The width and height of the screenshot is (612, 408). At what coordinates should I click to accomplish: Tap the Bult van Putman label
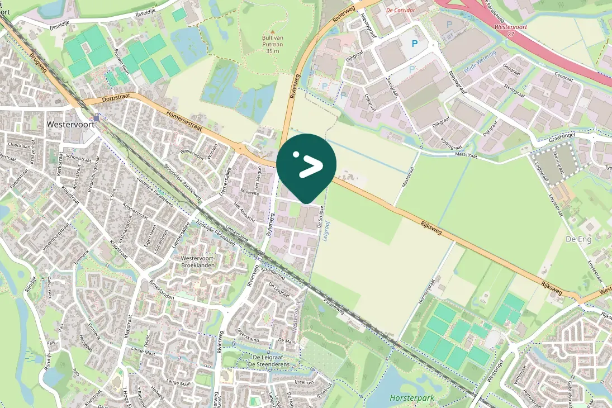[x=272, y=44]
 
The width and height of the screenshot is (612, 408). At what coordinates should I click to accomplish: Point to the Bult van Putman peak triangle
[x=272, y=31]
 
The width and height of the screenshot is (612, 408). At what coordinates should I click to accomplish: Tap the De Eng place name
[x=578, y=238]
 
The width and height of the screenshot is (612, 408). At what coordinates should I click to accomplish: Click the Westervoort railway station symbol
[x=97, y=118]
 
